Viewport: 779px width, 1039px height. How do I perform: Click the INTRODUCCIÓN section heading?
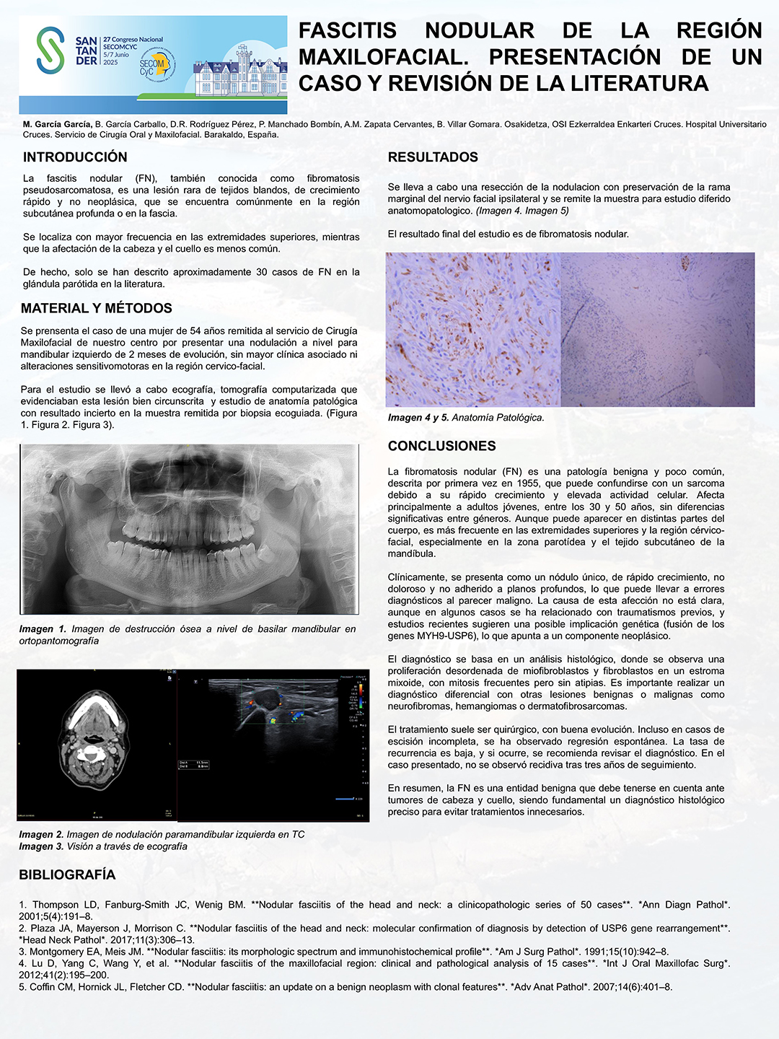pos(75,157)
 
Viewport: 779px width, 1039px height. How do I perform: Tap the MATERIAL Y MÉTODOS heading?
pos(96,308)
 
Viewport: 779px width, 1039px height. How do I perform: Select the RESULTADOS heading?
pos(433,157)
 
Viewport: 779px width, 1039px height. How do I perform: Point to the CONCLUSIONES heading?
pos(441,446)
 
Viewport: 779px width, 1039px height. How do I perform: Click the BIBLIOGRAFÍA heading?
pos(67,874)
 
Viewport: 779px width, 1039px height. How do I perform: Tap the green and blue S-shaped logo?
pos(50,50)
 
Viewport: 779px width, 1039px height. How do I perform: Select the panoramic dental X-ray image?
pos(189,529)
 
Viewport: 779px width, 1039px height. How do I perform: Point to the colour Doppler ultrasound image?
pos(273,745)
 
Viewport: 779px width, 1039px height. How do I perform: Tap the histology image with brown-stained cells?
pos(473,329)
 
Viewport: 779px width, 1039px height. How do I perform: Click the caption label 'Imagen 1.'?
pos(43,629)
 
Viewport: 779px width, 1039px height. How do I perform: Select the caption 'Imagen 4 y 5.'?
pos(418,418)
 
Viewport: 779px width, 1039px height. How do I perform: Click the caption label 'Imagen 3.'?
pos(41,846)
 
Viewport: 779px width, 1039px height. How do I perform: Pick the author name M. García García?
pos(57,124)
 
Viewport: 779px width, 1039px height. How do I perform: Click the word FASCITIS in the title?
pos(348,31)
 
